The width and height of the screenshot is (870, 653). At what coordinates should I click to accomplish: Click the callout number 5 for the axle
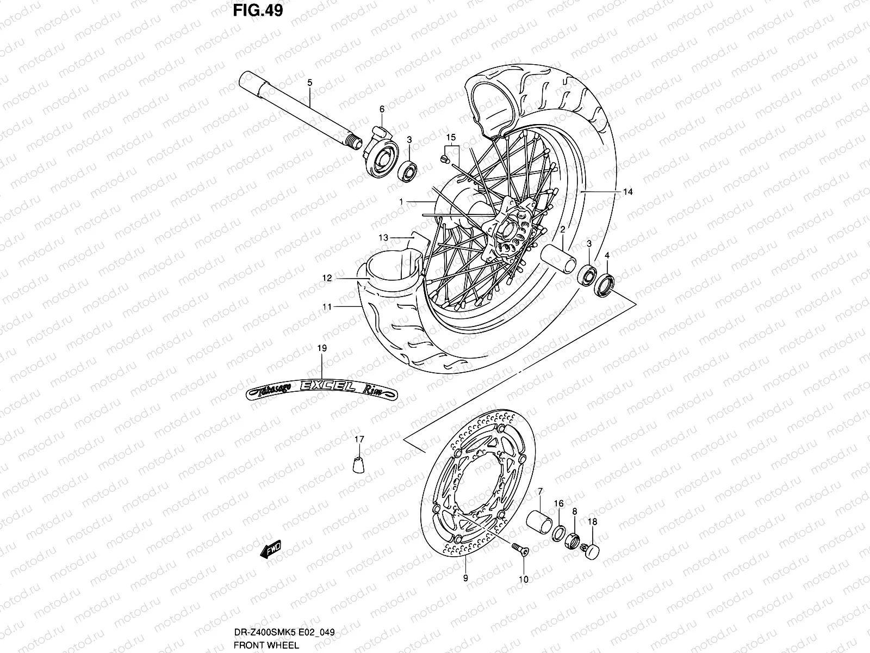coord(309,83)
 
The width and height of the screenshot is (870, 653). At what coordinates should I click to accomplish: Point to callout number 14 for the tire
coord(628,192)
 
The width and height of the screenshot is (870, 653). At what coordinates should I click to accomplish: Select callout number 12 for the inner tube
coord(326,278)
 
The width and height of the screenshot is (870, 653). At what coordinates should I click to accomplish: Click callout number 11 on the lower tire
coord(326,307)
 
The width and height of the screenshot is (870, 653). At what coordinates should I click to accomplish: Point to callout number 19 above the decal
coord(321,348)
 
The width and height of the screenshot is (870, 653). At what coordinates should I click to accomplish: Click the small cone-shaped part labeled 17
coord(359,465)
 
